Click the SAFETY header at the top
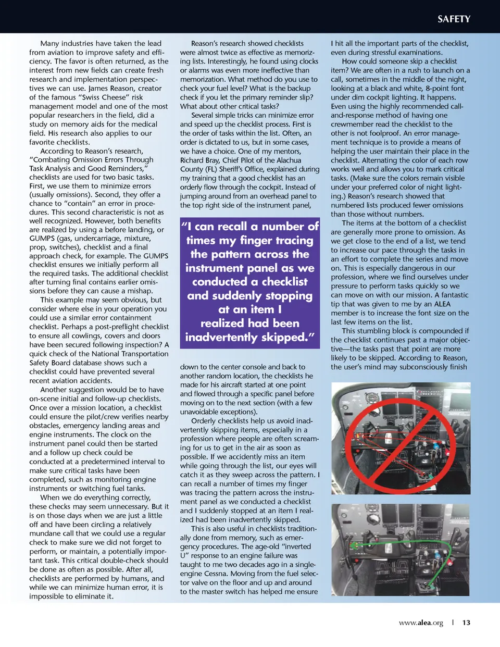[x=454, y=19]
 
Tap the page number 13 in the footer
[x=466, y=623]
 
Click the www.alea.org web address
[x=421, y=623]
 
